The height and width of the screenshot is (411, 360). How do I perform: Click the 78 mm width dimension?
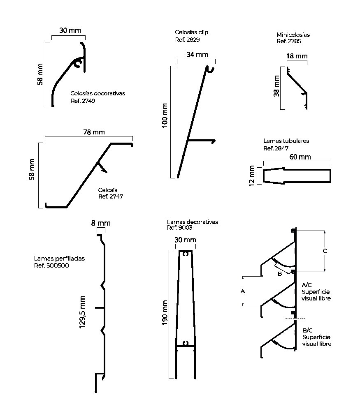94,132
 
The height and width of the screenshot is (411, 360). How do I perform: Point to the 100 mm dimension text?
165,116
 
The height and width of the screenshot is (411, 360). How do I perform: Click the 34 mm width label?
197,55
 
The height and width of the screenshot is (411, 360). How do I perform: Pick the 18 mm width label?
297,56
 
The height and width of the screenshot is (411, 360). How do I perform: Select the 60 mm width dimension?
300,157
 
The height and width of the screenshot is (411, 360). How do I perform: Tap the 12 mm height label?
252,175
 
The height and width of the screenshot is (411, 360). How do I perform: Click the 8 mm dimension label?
101,223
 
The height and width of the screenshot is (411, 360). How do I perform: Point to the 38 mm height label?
276,87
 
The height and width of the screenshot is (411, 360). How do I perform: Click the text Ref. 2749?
83,101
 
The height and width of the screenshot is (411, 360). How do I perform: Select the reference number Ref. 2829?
187,39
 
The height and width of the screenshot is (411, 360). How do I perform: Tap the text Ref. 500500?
51,266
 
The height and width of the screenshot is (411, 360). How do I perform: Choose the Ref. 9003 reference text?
180,228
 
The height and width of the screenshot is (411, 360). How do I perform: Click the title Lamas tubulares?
286,141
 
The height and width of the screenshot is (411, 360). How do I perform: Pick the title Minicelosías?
293,35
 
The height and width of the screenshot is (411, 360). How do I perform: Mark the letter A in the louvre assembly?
242,291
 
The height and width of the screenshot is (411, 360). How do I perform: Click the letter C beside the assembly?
325,250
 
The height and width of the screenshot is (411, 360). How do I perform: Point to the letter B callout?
279,273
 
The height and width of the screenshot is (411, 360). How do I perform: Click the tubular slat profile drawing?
297,175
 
